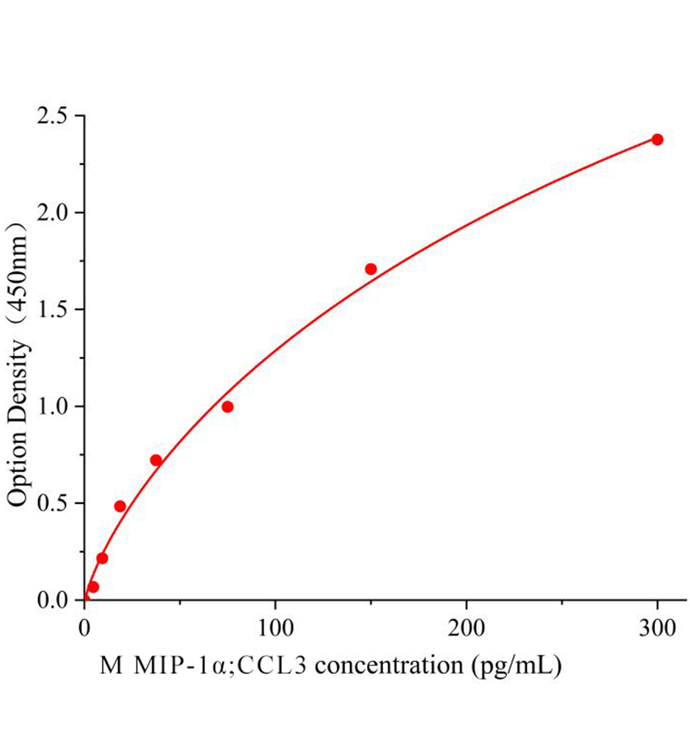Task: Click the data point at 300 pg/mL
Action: (x=657, y=139)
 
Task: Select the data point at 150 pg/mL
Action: (x=371, y=269)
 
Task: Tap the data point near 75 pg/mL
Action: (x=227, y=407)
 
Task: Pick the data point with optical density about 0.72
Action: (x=156, y=461)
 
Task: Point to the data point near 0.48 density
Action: (x=120, y=506)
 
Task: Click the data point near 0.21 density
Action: (x=102, y=558)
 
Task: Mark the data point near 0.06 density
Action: (x=93, y=587)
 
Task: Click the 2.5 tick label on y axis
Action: (x=54, y=116)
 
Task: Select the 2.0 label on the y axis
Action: (x=54, y=213)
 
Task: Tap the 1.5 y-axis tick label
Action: (x=54, y=310)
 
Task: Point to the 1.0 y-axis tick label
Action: (x=54, y=407)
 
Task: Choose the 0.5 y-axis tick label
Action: (x=54, y=504)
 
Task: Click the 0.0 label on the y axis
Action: (x=54, y=600)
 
